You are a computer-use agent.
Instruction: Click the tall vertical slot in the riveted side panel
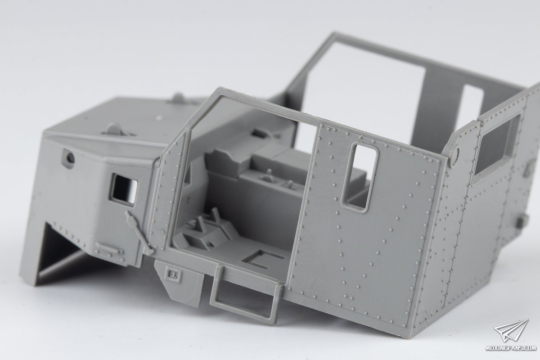click(360, 178)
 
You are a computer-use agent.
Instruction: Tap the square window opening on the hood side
click(124, 190)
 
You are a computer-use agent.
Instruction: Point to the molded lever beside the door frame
click(139, 232)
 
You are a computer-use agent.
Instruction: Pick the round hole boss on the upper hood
click(68, 157)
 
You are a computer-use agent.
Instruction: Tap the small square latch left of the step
click(173, 274)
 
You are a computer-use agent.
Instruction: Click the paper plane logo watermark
click(511, 331)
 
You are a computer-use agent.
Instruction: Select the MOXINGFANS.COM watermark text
click(512, 348)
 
